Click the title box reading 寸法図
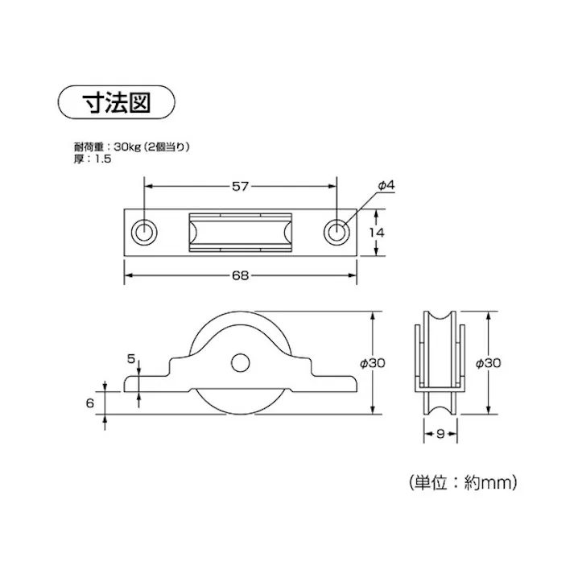pyautogui.click(x=117, y=102)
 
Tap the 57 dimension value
pyautogui.click(x=239, y=186)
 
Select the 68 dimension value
pyautogui.click(x=239, y=275)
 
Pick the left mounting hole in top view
pyautogui.click(x=145, y=232)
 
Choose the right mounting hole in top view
pyautogui.click(x=336, y=232)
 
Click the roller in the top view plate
pyautogui.click(x=240, y=232)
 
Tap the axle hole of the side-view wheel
pyautogui.click(x=239, y=363)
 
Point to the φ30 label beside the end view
pyautogui.click(x=489, y=363)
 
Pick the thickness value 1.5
pyautogui.click(x=101, y=159)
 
